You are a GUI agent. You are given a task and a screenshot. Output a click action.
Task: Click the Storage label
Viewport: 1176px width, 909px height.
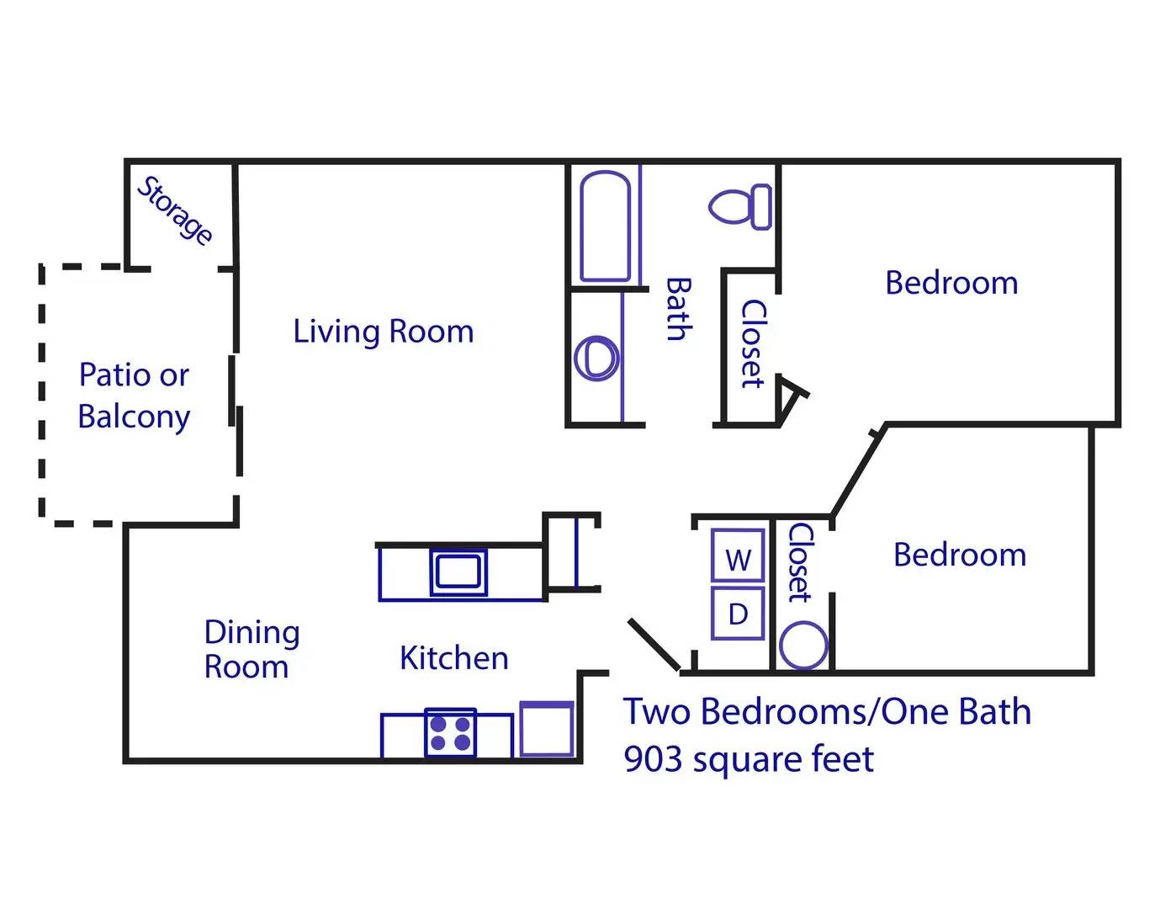coord(175,210)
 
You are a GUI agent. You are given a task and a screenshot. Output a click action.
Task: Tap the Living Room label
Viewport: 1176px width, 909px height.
coord(383,331)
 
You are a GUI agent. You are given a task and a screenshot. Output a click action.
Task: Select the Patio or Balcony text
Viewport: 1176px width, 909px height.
coord(134,396)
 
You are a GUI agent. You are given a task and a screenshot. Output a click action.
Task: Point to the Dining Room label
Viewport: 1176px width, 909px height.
coord(251,649)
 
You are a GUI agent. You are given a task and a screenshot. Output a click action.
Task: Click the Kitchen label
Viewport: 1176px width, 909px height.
coord(453,658)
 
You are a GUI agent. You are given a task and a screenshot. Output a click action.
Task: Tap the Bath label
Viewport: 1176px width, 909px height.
coord(678,309)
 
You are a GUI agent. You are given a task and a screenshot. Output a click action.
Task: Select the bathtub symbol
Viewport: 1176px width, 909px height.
coord(605,226)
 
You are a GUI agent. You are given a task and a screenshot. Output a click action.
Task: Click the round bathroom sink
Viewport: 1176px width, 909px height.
coord(596,358)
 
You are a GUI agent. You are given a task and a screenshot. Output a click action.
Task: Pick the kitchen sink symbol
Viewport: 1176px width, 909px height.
coord(458,572)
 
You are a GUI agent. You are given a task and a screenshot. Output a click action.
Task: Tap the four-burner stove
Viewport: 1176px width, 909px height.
coord(450,733)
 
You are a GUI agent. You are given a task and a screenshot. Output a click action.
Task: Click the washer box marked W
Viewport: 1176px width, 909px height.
coord(738,556)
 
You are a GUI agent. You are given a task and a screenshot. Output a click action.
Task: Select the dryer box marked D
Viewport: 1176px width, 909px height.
coord(738,614)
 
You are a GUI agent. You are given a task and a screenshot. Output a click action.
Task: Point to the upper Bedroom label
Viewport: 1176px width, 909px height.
coord(951,283)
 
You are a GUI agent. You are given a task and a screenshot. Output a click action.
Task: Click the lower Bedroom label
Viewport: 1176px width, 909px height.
coord(959,555)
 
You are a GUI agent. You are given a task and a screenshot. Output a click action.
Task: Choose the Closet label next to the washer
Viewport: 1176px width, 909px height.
coord(799,562)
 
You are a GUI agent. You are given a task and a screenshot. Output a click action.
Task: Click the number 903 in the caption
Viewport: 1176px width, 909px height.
coord(653,759)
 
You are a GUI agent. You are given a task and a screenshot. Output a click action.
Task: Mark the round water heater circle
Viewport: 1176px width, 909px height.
coord(803,646)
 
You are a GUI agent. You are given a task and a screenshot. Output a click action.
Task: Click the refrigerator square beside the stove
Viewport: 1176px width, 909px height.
coord(547,729)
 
